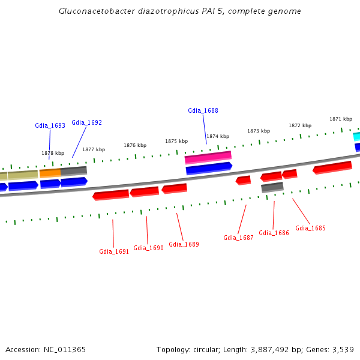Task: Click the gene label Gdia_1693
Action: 50,125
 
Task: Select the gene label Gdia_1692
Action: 86,122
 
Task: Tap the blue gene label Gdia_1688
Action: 203,110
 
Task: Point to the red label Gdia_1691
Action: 114,251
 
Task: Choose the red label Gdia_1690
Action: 148,248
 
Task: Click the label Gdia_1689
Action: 184,244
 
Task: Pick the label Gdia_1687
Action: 238,238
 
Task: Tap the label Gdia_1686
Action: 274,233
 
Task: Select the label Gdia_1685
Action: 310,228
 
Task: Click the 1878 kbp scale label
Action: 53,153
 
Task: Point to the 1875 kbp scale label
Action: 176,141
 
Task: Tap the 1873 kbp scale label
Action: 259,131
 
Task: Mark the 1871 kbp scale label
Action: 340,119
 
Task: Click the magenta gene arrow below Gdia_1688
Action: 208,157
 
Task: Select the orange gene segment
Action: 50,173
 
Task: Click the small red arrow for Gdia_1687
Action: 243,180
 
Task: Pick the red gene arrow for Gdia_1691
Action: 111,195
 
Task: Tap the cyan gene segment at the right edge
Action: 356,136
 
